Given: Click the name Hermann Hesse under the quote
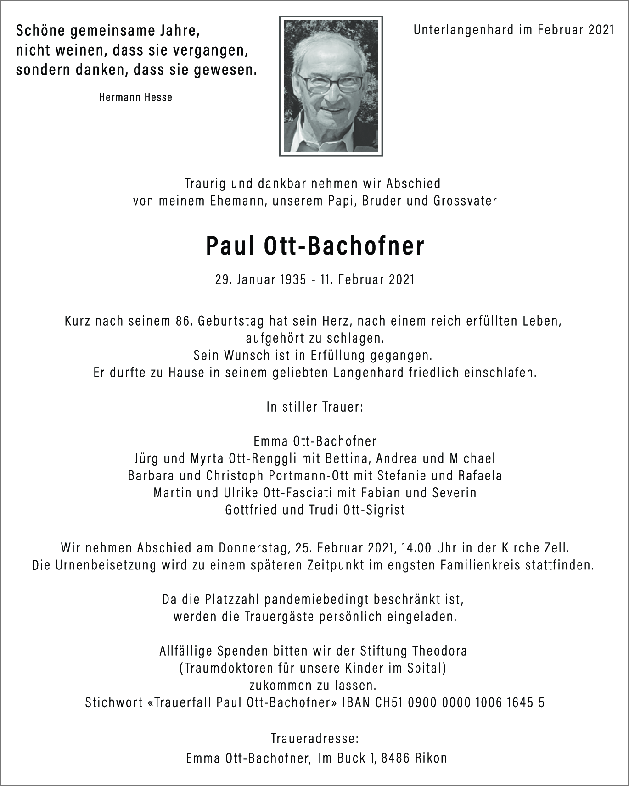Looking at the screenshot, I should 135,97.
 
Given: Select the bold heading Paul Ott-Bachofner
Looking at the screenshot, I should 315,246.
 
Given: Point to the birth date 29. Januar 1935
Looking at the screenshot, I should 260,279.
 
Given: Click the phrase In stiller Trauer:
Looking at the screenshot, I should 315,407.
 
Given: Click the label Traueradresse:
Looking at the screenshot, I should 315,739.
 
